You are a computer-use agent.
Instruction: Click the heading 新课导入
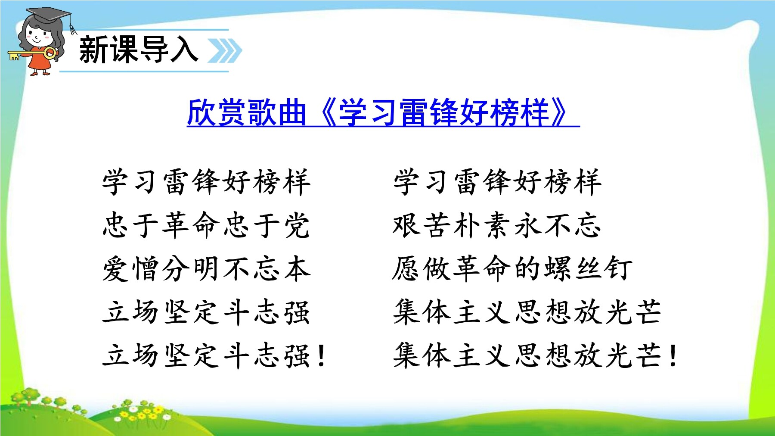(139, 50)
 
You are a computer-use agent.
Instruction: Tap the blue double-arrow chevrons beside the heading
(225, 51)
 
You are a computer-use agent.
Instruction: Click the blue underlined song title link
(383, 113)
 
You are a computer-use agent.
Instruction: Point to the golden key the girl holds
(32, 54)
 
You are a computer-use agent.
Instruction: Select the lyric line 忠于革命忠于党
(206, 225)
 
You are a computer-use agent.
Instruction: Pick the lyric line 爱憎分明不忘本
(206, 268)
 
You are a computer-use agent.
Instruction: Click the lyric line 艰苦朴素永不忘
(497, 225)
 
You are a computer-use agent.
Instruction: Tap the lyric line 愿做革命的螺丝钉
(512, 268)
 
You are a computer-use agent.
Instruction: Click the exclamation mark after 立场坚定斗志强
(321, 356)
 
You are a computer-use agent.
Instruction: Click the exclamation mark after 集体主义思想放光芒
(673, 356)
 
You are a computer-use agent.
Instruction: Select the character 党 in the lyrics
(297, 225)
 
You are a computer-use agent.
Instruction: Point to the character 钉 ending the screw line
(618, 268)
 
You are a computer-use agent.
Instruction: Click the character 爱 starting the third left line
(116, 268)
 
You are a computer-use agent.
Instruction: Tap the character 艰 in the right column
(407, 225)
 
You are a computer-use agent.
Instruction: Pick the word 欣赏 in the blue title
(216, 113)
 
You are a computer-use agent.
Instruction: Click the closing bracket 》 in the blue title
(560, 113)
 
